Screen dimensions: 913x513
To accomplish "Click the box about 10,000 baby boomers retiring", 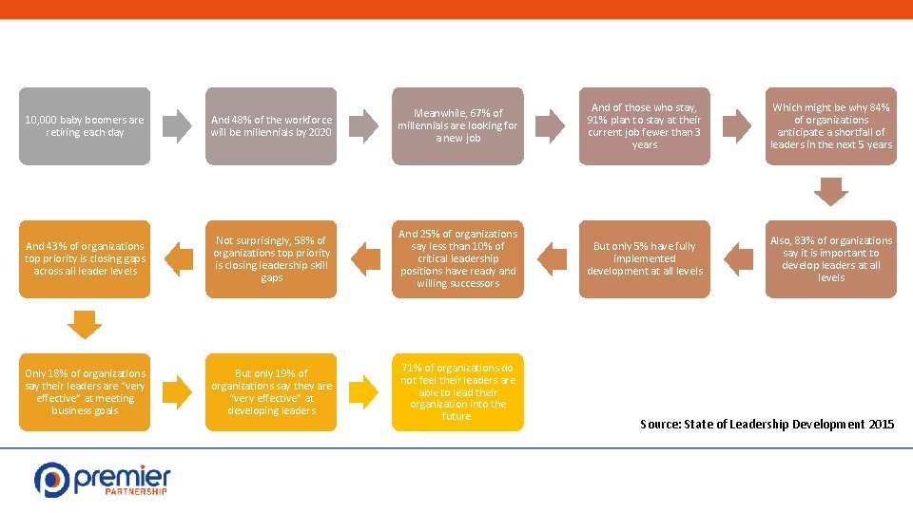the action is click(x=85, y=126).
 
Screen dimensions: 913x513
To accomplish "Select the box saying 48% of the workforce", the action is click(x=271, y=126).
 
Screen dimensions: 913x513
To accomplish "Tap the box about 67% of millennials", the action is click(x=457, y=126).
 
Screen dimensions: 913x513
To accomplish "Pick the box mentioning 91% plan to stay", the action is click(x=644, y=126).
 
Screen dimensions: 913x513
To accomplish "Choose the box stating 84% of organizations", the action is click(x=830, y=126).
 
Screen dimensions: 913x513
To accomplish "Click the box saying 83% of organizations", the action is click(x=830, y=259).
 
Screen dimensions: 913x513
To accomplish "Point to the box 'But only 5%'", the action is click(x=644, y=259).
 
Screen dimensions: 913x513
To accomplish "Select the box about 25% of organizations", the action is click(x=457, y=259).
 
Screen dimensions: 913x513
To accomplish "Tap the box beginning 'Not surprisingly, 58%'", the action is click(x=271, y=259).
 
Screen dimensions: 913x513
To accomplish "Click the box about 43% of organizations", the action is click(x=85, y=259).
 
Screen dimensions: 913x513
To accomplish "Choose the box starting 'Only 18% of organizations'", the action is click(x=85, y=392).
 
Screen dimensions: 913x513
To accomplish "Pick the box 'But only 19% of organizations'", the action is click(x=271, y=392).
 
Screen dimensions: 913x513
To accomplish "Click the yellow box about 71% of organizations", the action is click(x=457, y=392).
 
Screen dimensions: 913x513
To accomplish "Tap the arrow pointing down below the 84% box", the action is click(x=830, y=193).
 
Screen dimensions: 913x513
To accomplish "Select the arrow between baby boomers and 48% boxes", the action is click(x=178, y=126).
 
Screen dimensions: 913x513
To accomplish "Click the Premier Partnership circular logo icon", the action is click(x=51, y=479).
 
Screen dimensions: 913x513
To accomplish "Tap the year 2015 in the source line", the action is click(x=881, y=424).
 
